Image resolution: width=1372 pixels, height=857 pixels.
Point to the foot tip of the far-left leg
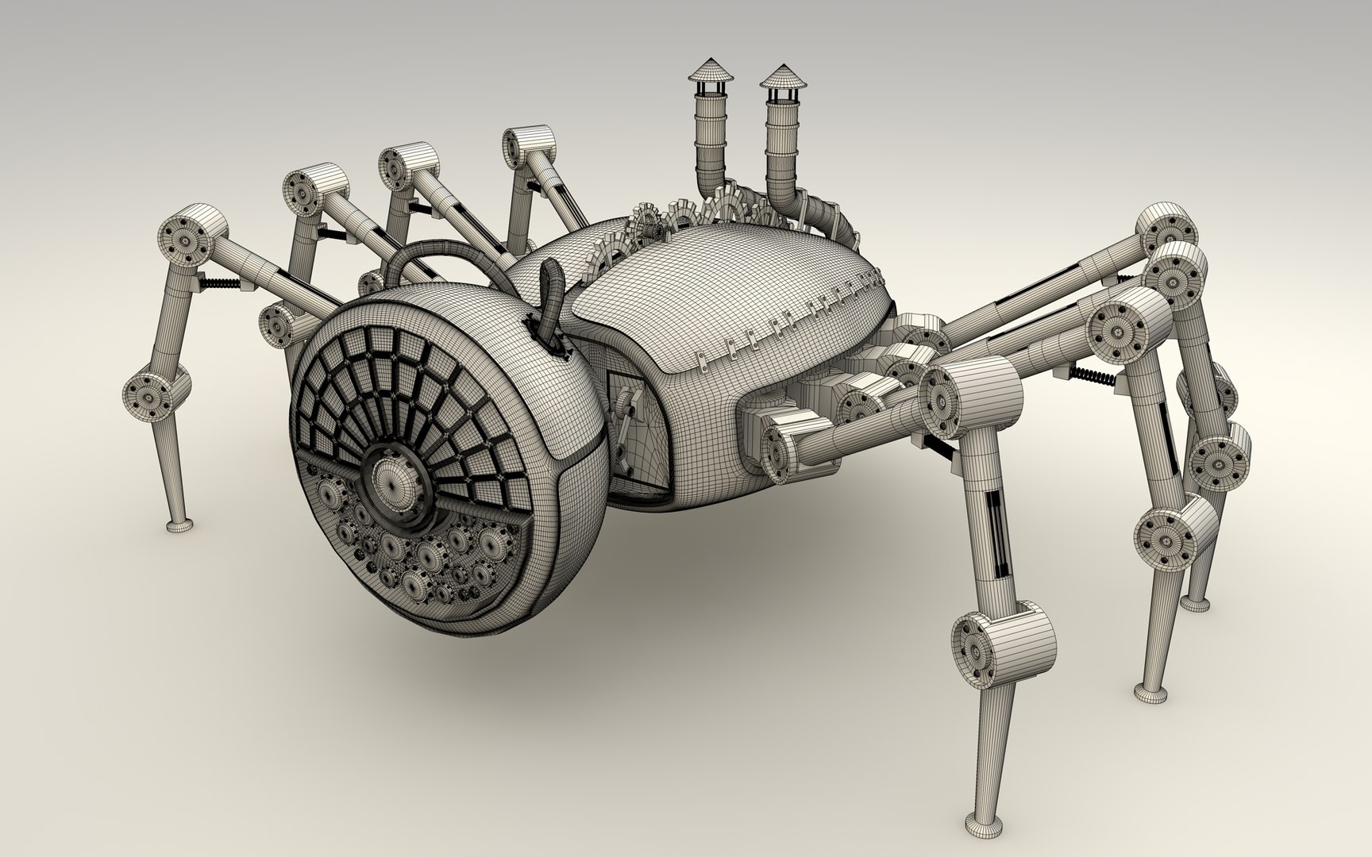[x=179, y=525]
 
